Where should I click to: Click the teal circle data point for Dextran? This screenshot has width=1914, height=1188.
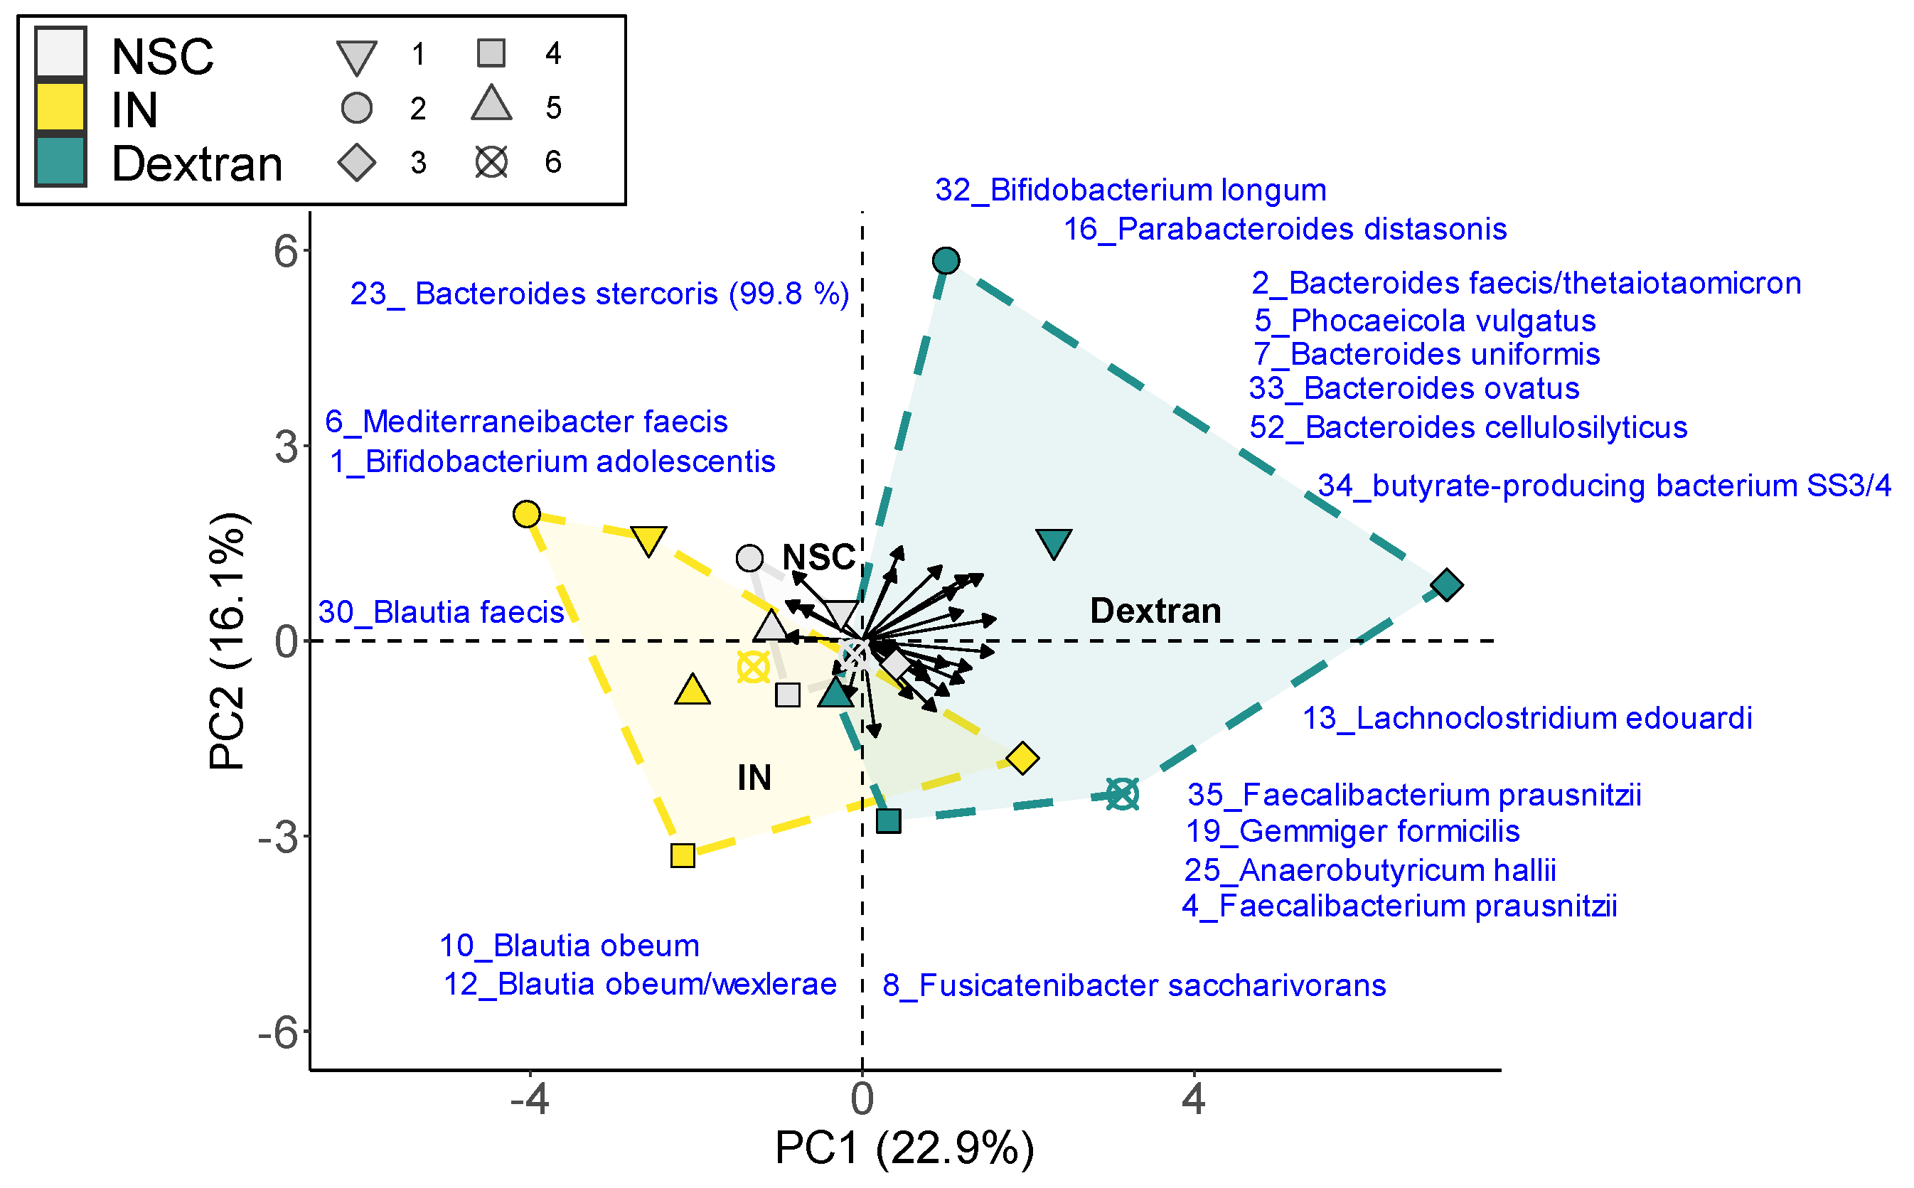coord(946,261)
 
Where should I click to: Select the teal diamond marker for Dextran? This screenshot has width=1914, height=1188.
coord(1446,585)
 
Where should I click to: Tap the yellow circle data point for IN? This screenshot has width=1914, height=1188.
coord(526,515)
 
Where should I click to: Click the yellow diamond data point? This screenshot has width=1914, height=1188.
coord(1022,758)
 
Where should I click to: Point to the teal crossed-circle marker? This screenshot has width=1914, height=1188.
coord(1122,793)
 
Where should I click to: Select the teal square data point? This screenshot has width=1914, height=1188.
coord(888,821)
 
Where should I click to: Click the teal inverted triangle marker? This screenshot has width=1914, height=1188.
coord(1054,543)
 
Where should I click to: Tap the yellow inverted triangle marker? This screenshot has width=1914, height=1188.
coord(649,540)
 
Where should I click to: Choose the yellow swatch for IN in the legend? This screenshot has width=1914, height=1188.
coord(60,107)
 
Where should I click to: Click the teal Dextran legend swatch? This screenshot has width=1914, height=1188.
coord(60,162)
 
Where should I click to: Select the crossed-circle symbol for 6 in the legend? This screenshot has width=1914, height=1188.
coord(492,163)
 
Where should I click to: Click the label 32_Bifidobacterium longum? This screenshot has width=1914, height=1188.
coord(1130,190)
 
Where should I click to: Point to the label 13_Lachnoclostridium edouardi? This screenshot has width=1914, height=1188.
coord(1527,718)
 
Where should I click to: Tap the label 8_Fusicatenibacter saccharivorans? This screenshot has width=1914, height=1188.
coord(1134,985)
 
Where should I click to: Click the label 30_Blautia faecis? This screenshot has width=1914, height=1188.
coord(441,612)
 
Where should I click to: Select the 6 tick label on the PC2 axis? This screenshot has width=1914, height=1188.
coord(286,252)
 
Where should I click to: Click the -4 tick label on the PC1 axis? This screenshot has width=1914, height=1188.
coord(529,1099)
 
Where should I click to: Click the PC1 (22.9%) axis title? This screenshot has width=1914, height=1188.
coord(904,1149)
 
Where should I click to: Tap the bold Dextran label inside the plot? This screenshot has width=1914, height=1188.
coord(1155,611)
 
